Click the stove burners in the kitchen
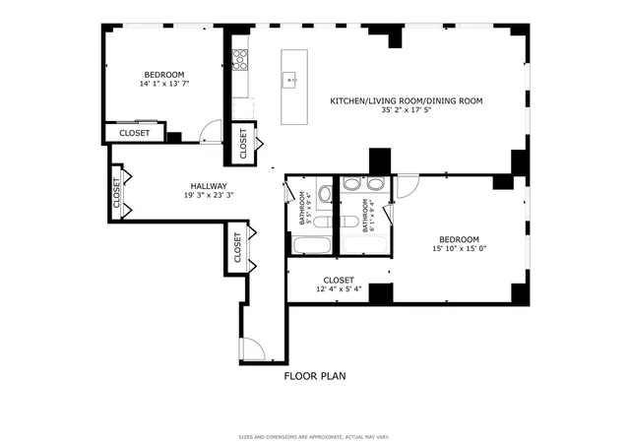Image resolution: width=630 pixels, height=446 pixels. [238, 60]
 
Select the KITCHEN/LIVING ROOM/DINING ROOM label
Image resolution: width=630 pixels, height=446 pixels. [406, 101]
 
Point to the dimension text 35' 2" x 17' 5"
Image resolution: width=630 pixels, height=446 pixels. [406, 112]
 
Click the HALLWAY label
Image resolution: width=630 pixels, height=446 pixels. [209, 185]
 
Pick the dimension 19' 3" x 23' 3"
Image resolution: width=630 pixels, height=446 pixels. [209, 195]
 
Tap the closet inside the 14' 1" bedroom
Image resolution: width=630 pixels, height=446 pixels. [135, 133]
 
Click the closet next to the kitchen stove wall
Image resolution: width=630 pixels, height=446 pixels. [243, 144]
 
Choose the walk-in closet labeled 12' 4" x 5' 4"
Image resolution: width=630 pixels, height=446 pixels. [338, 285]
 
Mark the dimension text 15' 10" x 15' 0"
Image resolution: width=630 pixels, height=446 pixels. [459, 249]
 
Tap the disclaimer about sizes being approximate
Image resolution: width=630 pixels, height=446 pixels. [316, 437]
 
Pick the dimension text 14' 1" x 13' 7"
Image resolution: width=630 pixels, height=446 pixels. [164, 84]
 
